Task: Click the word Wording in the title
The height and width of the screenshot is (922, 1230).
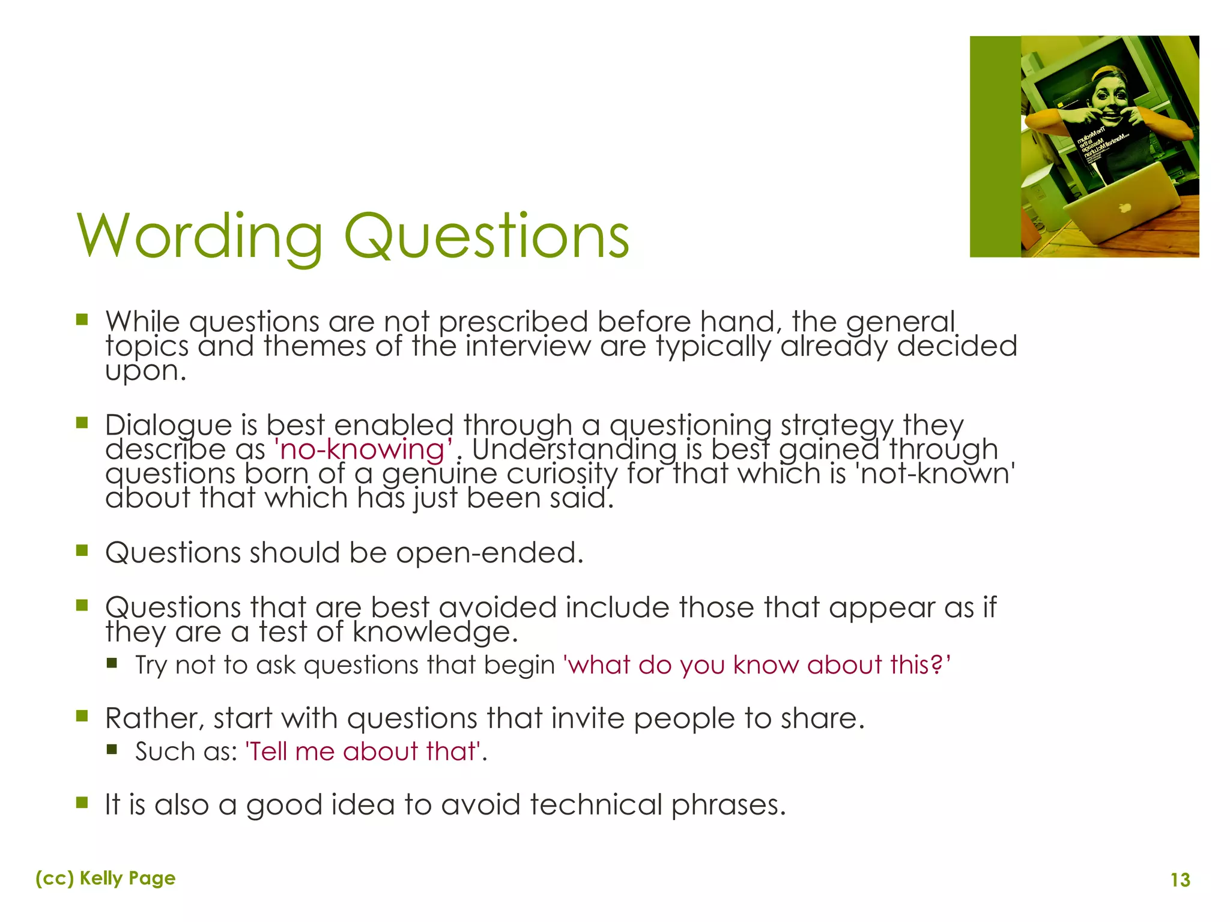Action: [199, 237]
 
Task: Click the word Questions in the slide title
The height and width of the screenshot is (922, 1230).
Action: [486, 237]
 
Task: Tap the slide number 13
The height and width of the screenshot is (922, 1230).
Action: [1180, 880]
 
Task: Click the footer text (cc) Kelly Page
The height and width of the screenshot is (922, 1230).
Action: [106, 878]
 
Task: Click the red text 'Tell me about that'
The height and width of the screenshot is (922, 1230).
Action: [364, 752]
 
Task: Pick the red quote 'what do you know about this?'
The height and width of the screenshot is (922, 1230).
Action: [757, 665]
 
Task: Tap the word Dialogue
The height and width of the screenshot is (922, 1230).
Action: [168, 426]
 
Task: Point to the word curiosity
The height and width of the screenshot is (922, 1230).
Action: [562, 474]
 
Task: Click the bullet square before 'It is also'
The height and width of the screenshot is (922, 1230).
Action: [82, 803]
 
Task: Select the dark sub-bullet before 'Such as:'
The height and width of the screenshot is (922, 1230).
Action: [112, 749]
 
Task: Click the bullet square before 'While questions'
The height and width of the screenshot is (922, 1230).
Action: [82, 319]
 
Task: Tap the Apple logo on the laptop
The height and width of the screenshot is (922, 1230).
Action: [1125, 208]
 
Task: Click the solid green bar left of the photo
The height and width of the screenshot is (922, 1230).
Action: [995, 146]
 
